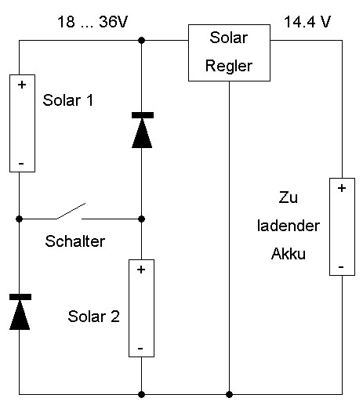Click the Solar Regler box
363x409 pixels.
coord(229,52)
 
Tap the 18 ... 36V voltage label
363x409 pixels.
coord(93,22)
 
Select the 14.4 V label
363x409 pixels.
coord(307,22)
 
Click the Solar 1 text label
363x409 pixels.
coord(68,100)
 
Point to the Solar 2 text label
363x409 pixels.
coord(93,317)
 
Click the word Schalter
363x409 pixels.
coord(75,241)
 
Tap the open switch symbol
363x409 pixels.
coord(71,212)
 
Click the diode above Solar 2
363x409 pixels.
coord(142,130)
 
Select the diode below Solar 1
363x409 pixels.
coord(20,312)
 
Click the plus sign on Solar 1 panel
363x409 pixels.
coord(22,85)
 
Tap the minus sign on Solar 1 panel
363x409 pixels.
coord(21,164)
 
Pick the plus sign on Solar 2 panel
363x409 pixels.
coord(141,270)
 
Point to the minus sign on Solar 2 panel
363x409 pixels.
coord(140,349)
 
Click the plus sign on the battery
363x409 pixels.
coord(342,188)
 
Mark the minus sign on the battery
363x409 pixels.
coord(341,267)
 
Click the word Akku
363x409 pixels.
coord(289,253)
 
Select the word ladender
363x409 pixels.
coord(289,226)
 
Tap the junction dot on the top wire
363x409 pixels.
coord(141,41)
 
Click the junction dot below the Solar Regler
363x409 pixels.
coord(229,394)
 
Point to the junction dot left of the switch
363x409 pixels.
coord(19,219)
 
